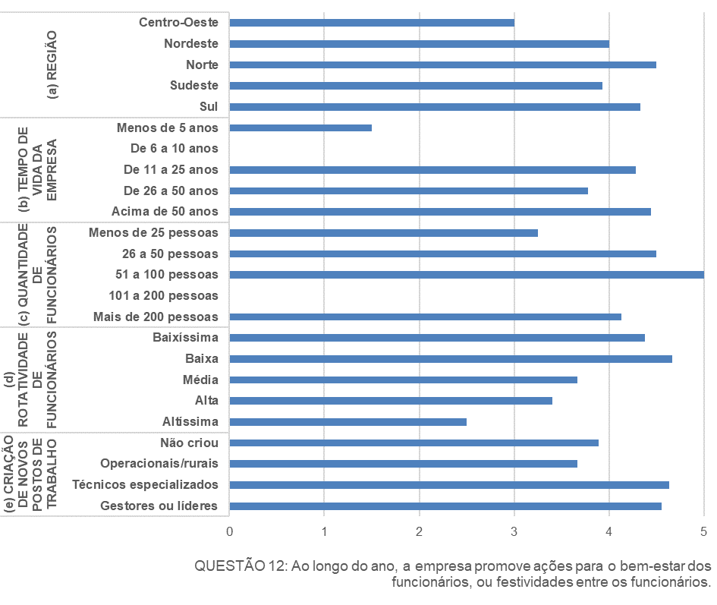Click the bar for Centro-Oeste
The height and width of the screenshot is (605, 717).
point(372,23)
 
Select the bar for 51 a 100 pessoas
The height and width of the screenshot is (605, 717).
point(466,275)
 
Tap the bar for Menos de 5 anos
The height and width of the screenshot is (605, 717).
point(300,128)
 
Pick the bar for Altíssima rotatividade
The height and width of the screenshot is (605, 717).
point(347,422)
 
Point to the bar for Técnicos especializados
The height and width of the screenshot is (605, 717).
point(449,485)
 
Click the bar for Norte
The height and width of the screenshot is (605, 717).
point(442,65)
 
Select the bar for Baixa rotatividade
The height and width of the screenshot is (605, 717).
point(451,359)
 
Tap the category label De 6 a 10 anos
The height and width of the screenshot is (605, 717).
point(175,149)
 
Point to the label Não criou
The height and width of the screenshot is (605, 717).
point(189,443)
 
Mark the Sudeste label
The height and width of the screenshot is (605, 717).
point(194,86)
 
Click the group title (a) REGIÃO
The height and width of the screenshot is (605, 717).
point(52,65)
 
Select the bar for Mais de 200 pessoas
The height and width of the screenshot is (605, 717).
point(425,317)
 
